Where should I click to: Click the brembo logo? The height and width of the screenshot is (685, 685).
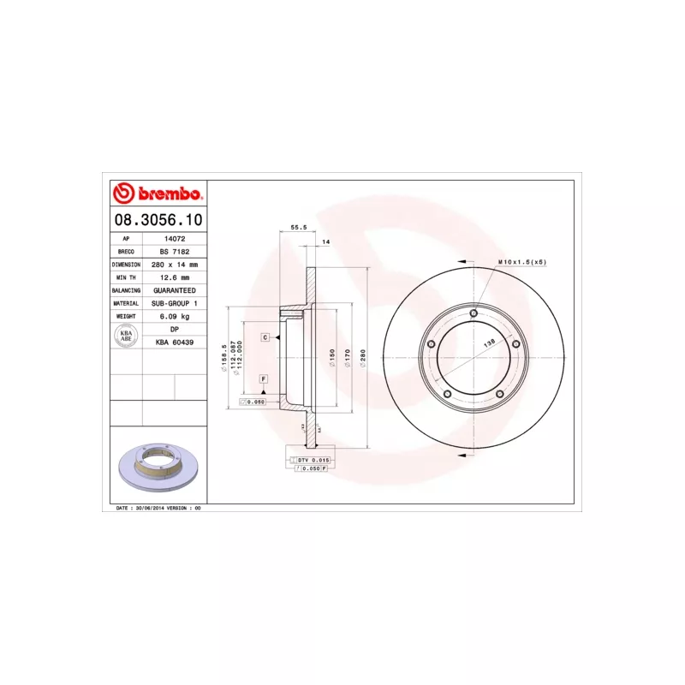(158, 194)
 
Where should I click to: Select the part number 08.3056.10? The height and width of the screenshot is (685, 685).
(158, 220)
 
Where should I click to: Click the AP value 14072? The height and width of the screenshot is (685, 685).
(174, 239)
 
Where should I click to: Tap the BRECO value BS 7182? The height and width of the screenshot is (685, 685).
(174, 252)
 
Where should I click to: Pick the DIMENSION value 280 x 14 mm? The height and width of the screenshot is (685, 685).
(174, 265)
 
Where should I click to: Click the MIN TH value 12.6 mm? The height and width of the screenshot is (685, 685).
(174, 277)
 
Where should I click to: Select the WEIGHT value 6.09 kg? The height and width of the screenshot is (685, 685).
(174, 316)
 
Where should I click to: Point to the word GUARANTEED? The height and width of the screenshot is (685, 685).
(174, 290)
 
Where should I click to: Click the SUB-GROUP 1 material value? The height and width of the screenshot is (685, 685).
(174, 303)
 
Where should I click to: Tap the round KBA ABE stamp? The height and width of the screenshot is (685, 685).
(126, 336)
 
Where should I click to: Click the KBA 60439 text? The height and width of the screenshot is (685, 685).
(174, 342)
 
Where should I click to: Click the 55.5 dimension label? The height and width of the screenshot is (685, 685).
(299, 228)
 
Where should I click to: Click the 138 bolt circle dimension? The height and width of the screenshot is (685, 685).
(489, 342)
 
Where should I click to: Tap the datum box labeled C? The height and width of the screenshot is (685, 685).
(265, 337)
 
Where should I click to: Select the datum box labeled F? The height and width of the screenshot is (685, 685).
(263, 378)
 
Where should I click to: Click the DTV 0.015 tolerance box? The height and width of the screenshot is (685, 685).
(312, 461)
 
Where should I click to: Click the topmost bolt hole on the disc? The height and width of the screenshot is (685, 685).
(473, 313)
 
